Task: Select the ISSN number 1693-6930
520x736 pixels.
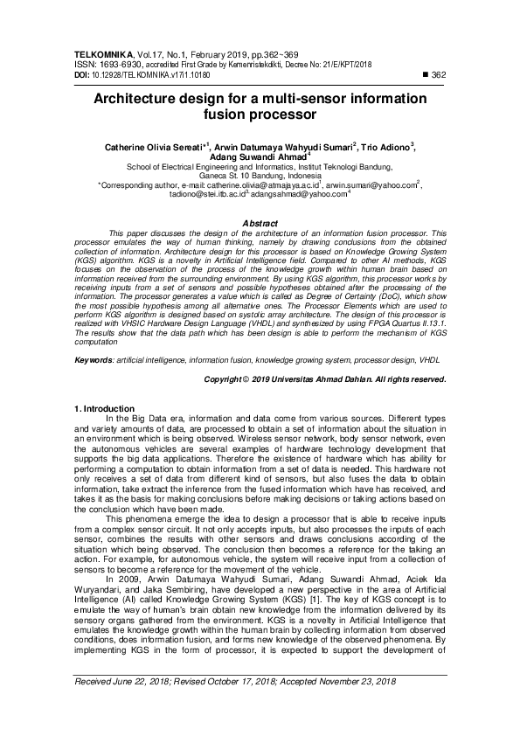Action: pos(116,64)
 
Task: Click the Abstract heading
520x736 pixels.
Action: pos(260,224)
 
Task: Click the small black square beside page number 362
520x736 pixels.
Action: pos(425,75)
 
